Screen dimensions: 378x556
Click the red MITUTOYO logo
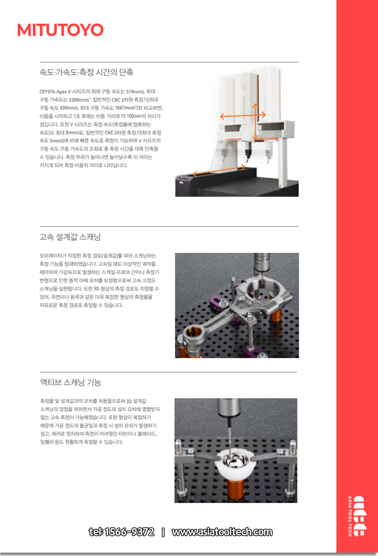[60, 30]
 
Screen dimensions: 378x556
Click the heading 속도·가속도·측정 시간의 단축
[86, 72]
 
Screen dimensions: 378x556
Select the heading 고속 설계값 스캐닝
[70, 237]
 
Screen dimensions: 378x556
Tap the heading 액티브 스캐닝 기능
[70, 382]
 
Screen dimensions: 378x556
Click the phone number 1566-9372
[129, 532]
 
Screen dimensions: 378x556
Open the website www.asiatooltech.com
[222, 532]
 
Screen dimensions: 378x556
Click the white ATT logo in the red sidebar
[360, 516]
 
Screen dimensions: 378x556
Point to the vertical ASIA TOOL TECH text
[349, 516]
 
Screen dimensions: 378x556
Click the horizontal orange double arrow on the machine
[243, 116]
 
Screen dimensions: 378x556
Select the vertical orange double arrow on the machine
[256, 122]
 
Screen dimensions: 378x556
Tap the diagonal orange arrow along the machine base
[219, 170]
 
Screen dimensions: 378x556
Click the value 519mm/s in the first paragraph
[135, 91]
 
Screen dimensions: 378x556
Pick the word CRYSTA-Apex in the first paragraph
[53, 91]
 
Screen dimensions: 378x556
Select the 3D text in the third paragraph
[129, 401]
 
